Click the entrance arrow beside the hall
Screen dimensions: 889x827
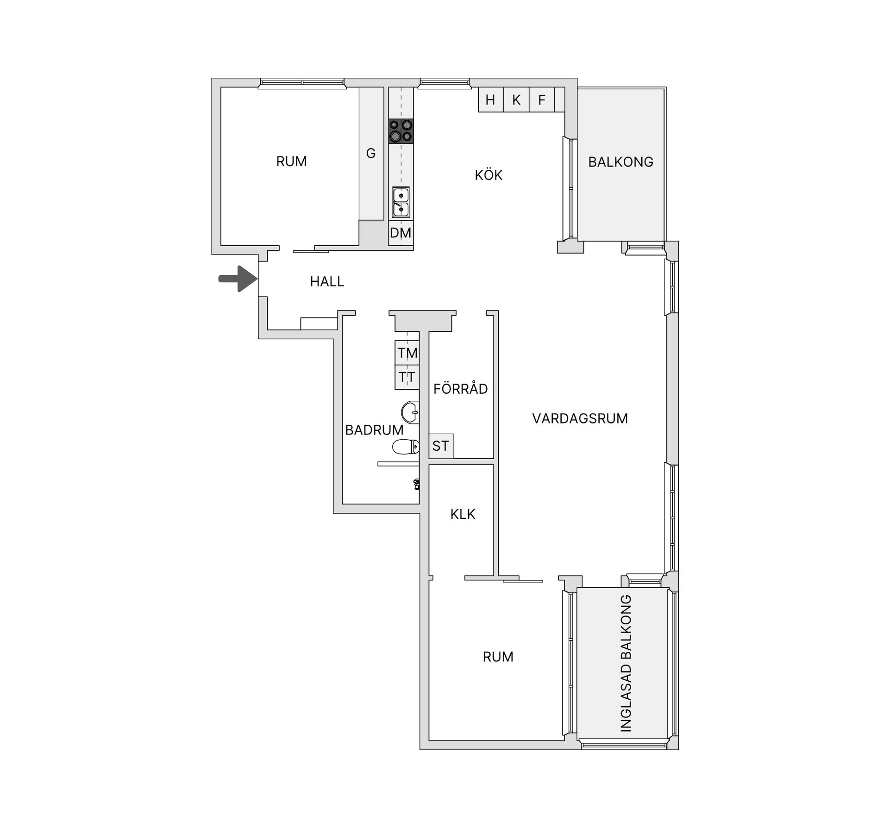point(238,279)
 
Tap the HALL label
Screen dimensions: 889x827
point(327,281)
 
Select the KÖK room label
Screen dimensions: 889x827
point(488,174)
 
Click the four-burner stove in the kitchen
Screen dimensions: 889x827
point(401,131)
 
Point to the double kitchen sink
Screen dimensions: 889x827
point(401,202)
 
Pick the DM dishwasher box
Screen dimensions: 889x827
point(401,233)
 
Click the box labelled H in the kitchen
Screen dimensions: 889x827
point(491,99)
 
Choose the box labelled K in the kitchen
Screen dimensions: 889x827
point(516,99)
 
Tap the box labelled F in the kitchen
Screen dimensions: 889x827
point(542,99)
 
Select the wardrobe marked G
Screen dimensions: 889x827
point(371,153)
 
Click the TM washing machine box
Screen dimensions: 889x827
point(407,353)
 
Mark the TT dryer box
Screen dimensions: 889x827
point(407,377)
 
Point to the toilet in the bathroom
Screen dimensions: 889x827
point(406,447)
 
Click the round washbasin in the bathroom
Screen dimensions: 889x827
point(411,412)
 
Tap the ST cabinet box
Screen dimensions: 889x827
point(441,446)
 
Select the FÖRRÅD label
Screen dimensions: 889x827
point(460,388)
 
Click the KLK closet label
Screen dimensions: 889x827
point(463,514)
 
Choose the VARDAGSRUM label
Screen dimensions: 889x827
point(580,418)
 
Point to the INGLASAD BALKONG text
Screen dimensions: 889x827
point(626,663)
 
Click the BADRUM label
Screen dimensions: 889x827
point(374,430)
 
